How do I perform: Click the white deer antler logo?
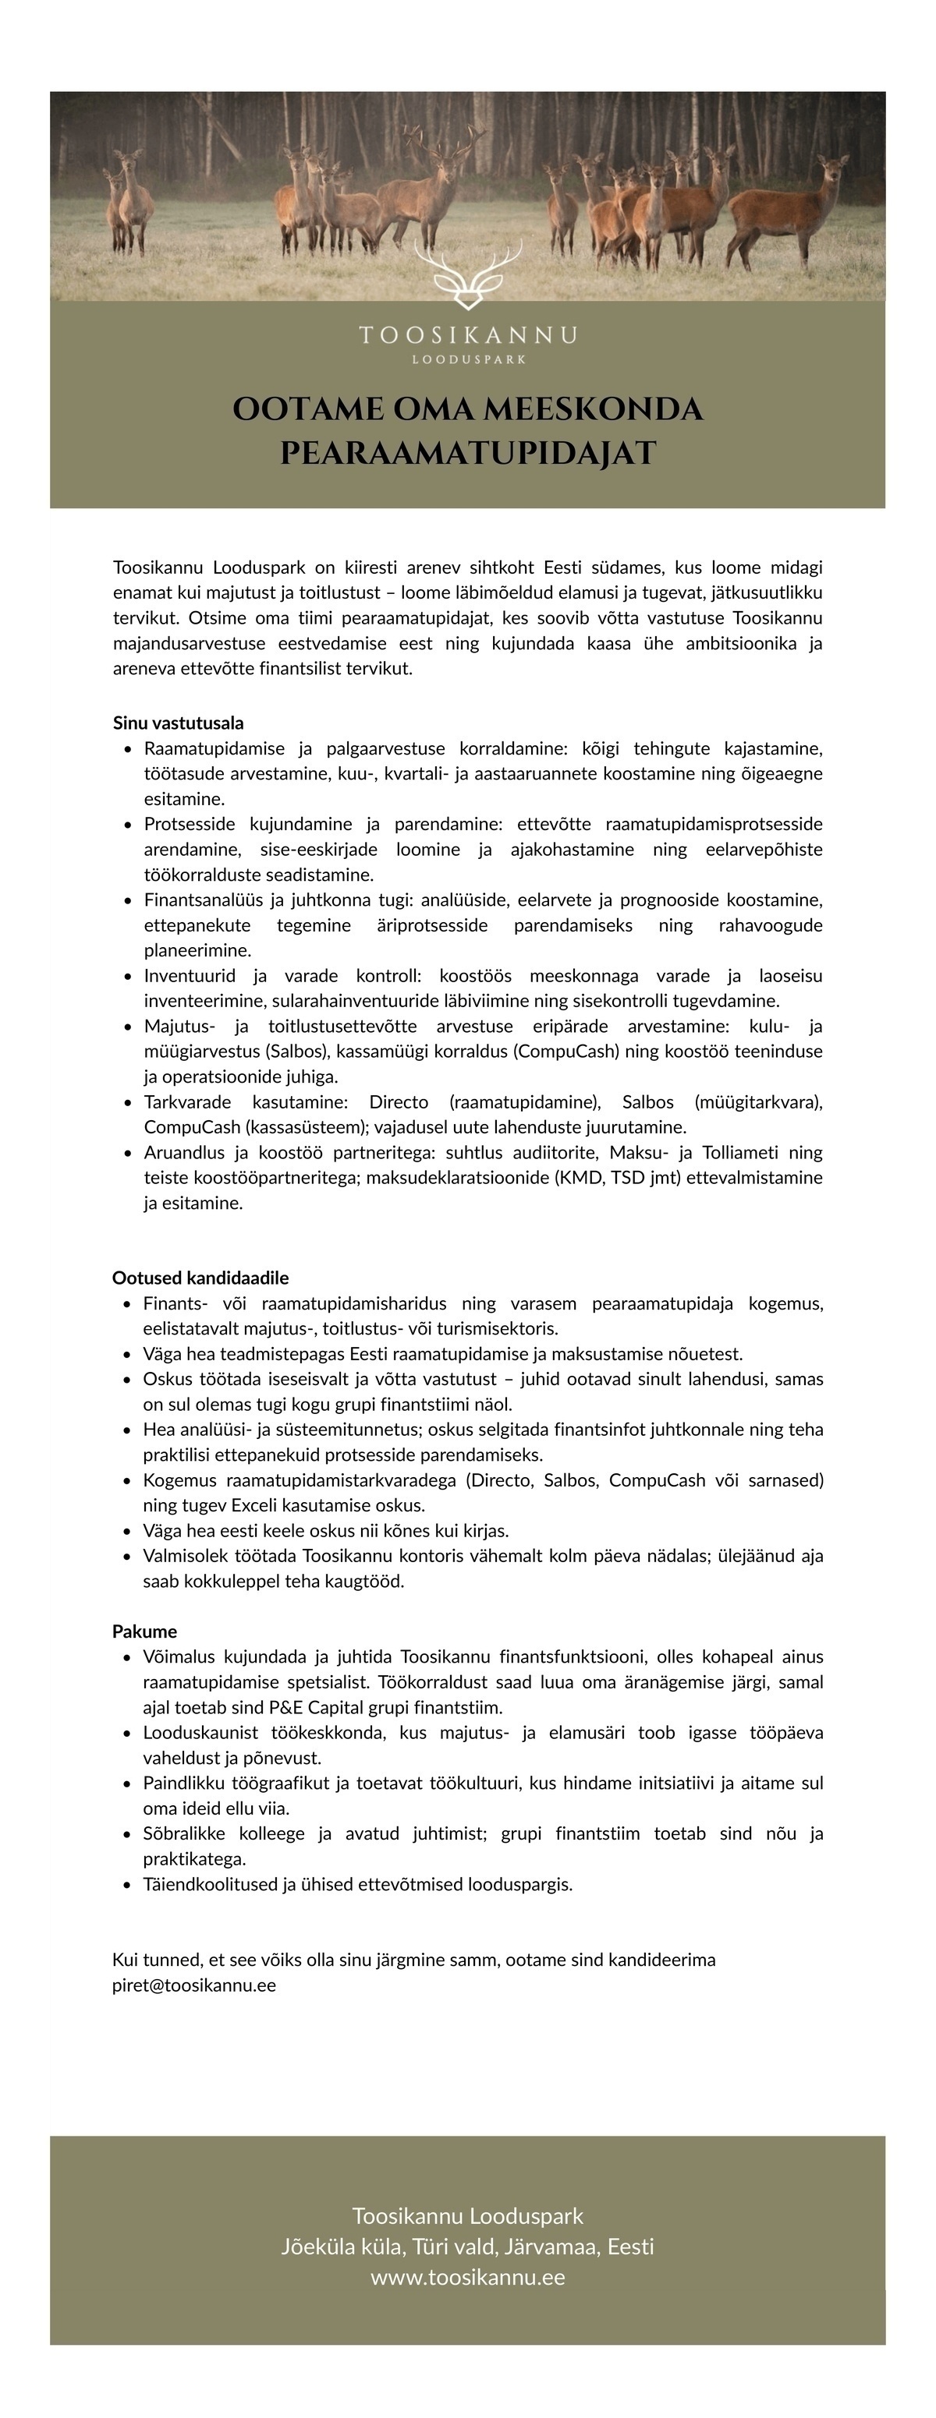(x=467, y=275)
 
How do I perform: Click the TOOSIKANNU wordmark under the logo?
(x=467, y=335)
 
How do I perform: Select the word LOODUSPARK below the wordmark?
(x=467, y=359)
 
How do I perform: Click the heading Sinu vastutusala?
(x=179, y=723)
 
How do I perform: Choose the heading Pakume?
(x=144, y=1631)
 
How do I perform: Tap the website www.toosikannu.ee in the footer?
(x=467, y=2277)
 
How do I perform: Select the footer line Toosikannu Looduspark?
(x=467, y=2215)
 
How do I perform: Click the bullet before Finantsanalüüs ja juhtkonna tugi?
(x=128, y=901)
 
